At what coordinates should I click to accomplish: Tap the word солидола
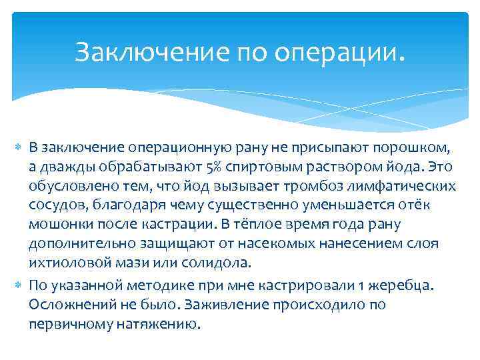[x=223, y=263]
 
